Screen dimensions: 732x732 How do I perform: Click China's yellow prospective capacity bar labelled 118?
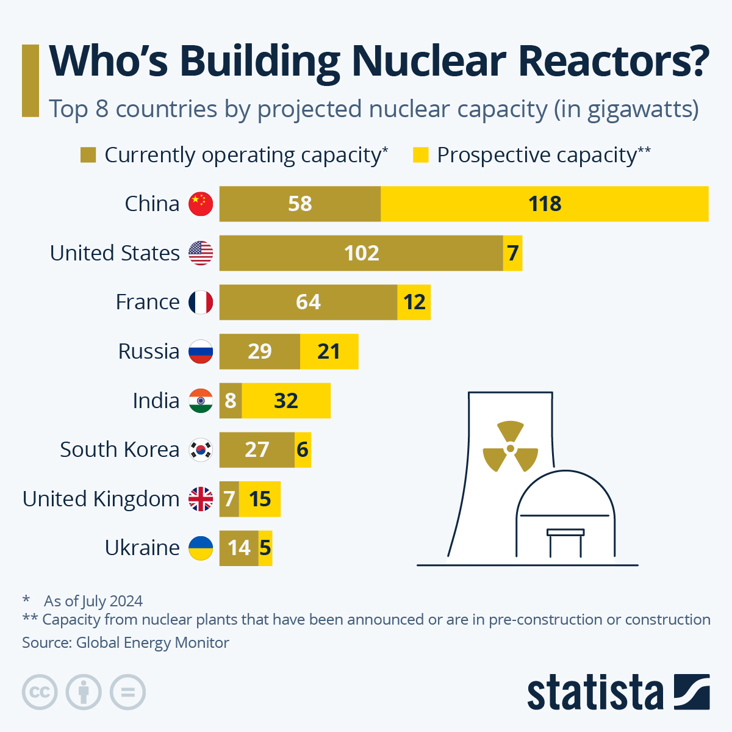click(x=544, y=204)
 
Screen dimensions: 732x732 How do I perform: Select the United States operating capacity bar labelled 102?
click(x=361, y=253)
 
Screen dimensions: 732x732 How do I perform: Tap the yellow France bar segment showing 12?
click(x=414, y=302)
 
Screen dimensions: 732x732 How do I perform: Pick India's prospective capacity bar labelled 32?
click(x=286, y=401)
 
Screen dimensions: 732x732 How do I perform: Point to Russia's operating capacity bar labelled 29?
click(x=260, y=351)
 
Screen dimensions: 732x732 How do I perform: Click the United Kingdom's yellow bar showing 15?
click(x=260, y=499)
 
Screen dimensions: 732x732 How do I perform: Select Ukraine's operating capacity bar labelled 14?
click(x=239, y=548)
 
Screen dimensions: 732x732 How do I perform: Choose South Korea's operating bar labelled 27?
click(x=257, y=450)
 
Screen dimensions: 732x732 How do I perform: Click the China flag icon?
click(x=201, y=204)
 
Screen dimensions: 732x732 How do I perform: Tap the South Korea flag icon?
click(x=201, y=450)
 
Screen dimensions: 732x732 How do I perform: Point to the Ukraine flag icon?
click(x=201, y=548)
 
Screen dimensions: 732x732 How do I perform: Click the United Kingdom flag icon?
click(x=201, y=499)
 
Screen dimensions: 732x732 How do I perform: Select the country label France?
click(x=148, y=302)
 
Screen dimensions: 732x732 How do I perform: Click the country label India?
click(x=156, y=401)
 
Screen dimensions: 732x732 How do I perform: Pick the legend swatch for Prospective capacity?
click(x=420, y=155)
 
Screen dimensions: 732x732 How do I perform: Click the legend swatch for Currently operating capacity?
click(x=88, y=155)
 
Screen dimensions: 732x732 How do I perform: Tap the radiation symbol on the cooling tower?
click(x=511, y=447)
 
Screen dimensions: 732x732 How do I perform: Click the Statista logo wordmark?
click(x=595, y=693)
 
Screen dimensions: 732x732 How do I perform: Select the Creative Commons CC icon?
click(x=40, y=692)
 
